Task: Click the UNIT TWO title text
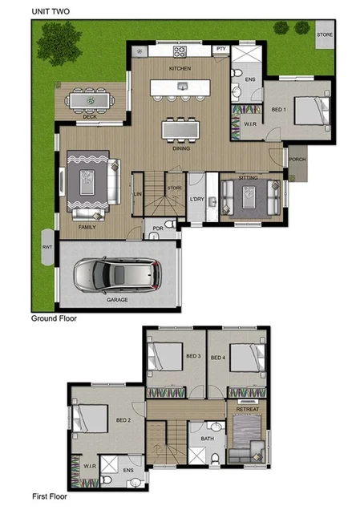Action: point(52,11)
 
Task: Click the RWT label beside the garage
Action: point(46,247)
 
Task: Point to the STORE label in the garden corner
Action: point(324,35)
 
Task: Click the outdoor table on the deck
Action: point(90,100)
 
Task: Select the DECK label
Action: point(91,116)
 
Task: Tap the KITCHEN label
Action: point(179,69)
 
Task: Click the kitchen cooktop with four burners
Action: point(179,53)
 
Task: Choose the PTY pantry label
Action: point(221,50)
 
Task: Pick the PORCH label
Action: point(297,159)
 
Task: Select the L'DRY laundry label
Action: point(197,198)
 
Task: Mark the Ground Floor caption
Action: point(59,318)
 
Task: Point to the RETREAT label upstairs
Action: point(246,410)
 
